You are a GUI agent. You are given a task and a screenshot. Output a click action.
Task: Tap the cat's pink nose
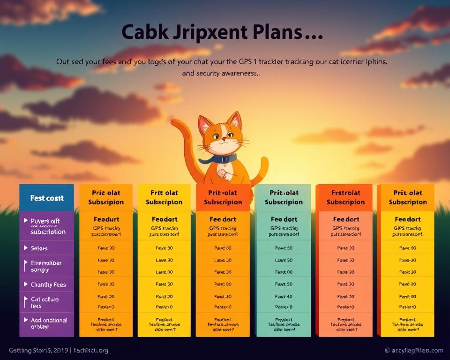coord(224,139)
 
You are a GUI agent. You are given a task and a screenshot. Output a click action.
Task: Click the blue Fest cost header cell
coord(46,198)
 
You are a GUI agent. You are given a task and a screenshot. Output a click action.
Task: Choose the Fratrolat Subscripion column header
coord(345,197)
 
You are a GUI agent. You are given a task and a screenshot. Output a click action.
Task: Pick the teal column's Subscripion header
coord(283,197)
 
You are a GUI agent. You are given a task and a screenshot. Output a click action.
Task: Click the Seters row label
coord(39,248)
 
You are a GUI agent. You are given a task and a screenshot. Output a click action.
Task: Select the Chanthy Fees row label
coord(48,285)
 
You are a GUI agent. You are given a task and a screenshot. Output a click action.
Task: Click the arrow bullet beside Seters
coord(25,248)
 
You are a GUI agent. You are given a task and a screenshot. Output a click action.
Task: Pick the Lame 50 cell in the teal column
coord(283,260)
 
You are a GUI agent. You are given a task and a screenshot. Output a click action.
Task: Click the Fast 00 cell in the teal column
coord(283,272)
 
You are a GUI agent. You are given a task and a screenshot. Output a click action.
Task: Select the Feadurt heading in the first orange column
coord(106,219)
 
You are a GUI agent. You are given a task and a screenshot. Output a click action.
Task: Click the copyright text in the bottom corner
coord(413,351)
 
